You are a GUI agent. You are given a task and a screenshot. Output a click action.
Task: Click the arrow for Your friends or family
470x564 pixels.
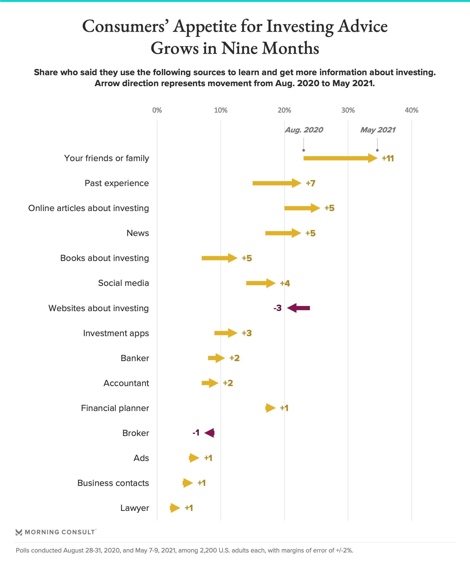pyautogui.click(x=340, y=158)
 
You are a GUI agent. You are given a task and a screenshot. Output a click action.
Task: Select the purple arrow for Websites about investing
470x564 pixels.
pyautogui.click(x=298, y=308)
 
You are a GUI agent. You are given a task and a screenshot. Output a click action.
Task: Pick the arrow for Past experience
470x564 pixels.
pyautogui.click(x=277, y=183)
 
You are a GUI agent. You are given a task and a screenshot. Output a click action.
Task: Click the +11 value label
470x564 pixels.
pyautogui.click(x=388, y=158)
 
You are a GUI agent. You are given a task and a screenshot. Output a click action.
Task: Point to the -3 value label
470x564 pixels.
pyautogui.click(x=277, y=308)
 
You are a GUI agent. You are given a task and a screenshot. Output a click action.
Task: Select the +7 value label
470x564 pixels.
pyautogui.click(x=310, y=183)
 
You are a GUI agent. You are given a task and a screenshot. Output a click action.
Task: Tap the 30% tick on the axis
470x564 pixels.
pyautogui.click(x=348, y=110)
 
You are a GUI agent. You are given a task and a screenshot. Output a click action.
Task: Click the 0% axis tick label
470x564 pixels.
pyautogui.click(x=157, y=110)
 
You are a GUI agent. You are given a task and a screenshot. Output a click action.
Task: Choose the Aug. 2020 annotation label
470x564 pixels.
pyautogui.click(x=304, y=130)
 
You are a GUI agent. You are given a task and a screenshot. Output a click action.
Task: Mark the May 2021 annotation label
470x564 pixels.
pyautogui.click(x=378, y=130)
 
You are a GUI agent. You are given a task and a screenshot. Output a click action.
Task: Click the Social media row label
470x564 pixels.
pyautogui.click(x=123, y=283)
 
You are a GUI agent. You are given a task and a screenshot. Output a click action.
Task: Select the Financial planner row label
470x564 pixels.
pyautogui.click(x=115, y=408)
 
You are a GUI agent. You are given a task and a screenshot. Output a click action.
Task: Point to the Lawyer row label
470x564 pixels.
pyautogui.click(x=135, y=508)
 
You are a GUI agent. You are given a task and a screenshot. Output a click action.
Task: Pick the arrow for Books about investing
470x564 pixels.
pyautogui.click(x=219, y=258)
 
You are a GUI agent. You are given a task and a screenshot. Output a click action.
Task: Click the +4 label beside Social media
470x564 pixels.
pyautogui.click(x=285, y=283)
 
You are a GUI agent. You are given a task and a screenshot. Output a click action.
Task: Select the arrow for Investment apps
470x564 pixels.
pyautogui.click(x=226, y=333)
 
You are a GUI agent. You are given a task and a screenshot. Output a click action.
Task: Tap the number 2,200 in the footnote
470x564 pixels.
pyautogui.click(x=208, y=550)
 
